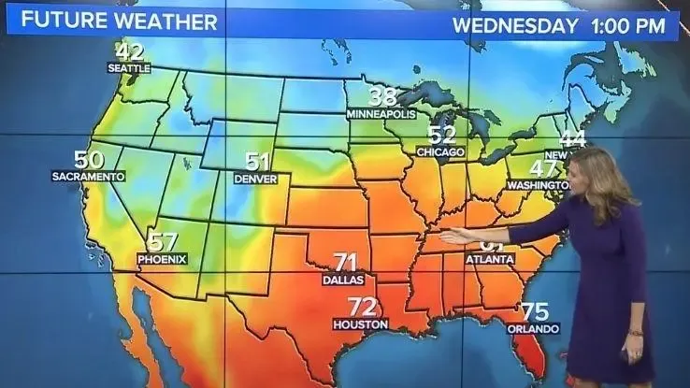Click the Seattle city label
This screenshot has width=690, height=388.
(x=129, y=68)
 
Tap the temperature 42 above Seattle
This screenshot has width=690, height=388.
(x=130, y=52)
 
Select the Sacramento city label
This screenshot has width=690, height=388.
(x=88, y=176)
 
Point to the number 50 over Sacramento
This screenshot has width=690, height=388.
(x=89, y=160)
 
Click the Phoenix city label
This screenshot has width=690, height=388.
(x=162, y=258)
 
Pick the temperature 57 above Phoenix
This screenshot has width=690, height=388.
(x=163, y=241)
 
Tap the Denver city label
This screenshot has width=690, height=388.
(x=255, y=178)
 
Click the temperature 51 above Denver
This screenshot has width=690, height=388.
(x=257, y=161)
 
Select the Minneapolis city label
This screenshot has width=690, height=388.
(x=381, y=113)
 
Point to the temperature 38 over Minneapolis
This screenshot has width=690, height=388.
(x=381, y=96)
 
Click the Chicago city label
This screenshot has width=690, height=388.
(x=440, y=151)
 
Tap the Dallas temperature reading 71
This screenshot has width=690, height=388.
(x=346, y=262)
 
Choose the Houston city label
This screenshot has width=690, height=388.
(x=360, y=323)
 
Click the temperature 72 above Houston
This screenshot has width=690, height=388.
(x=362, y=306)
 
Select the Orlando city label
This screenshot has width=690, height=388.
(x=533, y=329)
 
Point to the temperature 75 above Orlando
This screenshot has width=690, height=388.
(x=535, y=311)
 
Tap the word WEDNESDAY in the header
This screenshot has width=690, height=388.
(x=515, y=25)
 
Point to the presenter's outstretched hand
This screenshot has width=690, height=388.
(x=455, y=237)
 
